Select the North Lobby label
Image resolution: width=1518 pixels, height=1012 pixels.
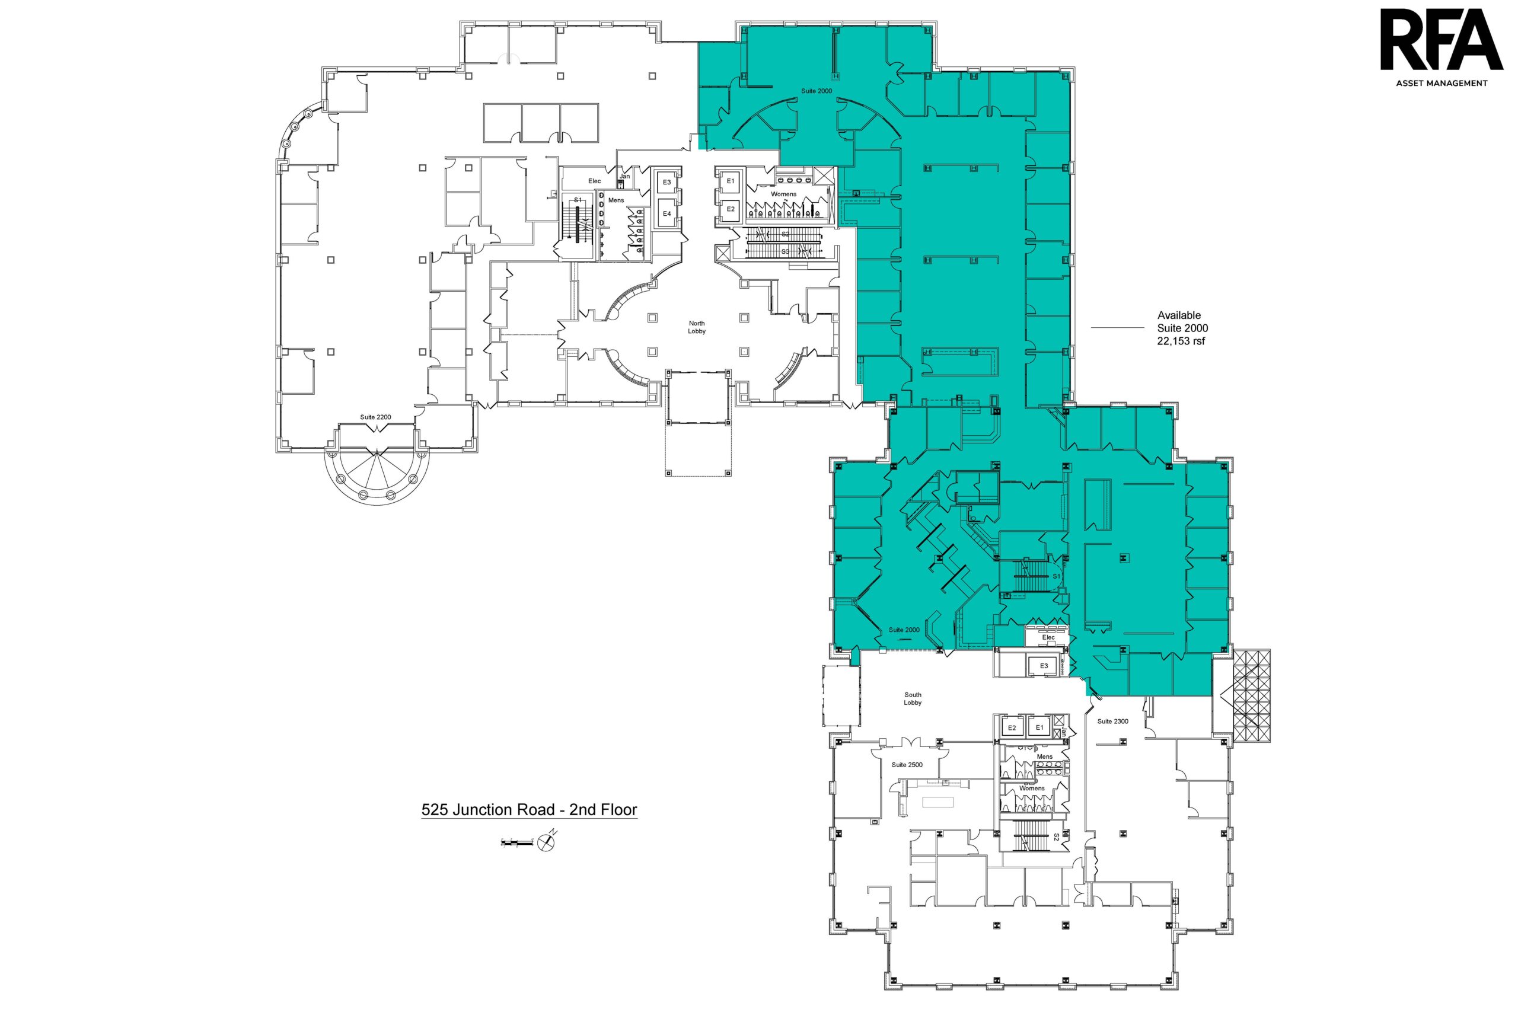pos(696,327)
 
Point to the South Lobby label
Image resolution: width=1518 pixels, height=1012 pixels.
pos(913,698)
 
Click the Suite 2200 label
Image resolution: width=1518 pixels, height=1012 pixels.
pos(375,417)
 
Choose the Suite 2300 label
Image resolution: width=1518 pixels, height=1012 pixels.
pos(1112,721)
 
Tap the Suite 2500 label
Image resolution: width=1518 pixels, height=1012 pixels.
pos(907,765)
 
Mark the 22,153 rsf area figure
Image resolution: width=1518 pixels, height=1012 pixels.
pos(1181,341)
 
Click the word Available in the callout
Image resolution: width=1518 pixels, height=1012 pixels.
pos(1178,315)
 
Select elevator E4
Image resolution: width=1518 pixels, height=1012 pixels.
pos(666,213)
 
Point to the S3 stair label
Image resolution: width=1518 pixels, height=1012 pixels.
pos(786,251)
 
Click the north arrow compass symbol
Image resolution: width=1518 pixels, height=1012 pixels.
pos(547,841)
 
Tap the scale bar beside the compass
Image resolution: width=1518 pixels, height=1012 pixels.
pos(517,842)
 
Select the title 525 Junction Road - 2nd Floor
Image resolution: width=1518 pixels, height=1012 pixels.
pos(530,810)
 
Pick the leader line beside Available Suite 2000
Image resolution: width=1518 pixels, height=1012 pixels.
pos(1117,328)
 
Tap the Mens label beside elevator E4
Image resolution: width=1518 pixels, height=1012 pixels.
pos(616,200)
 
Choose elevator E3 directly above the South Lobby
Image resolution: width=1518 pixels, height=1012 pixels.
pos(1044,666)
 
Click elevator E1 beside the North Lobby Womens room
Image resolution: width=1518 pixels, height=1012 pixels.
pos(731,181)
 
